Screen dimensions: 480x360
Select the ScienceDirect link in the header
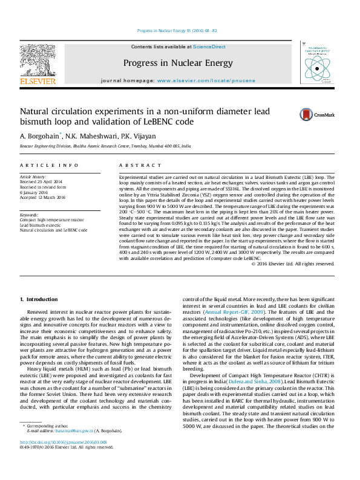pos(209,47)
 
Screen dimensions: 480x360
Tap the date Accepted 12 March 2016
pos(42,197)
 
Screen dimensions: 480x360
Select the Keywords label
pos(30,215)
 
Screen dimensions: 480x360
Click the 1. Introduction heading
pos(39,300)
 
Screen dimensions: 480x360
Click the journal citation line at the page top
pos(177,30)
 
